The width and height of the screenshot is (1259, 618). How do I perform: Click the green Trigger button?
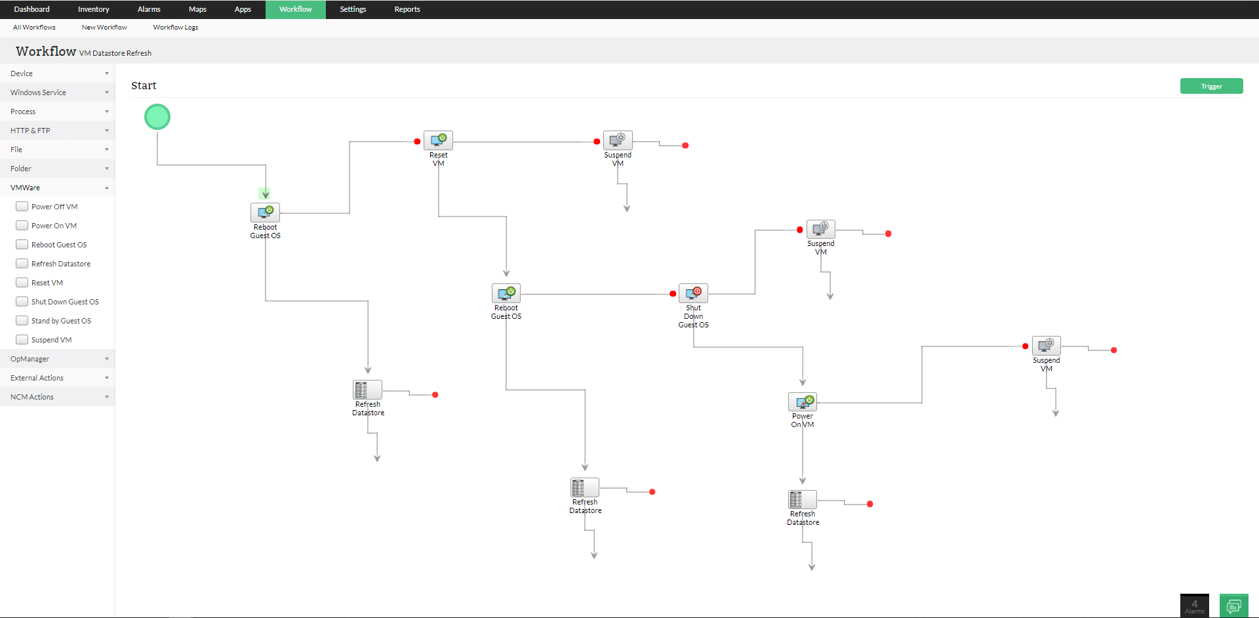(x=1211, y=86)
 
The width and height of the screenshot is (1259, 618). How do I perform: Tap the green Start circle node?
(x=157, y=117)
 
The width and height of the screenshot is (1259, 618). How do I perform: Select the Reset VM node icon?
(x=438, y=140)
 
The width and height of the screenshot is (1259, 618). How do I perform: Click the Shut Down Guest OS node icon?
(x=693, y=293)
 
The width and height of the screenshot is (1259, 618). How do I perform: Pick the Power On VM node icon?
(x=803, y=402)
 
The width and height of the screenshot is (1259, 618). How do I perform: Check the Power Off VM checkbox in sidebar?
(x=22, y=207)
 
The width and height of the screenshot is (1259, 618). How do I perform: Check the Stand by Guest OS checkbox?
(x=22, y=321)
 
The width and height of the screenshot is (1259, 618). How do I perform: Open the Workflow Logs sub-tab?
(x=175, y=28)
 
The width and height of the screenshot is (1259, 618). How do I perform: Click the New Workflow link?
(x=104, y=28)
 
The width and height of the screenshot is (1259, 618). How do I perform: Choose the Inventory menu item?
(x=94, y=9)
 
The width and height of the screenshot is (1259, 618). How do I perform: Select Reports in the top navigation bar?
(x=407, y=9)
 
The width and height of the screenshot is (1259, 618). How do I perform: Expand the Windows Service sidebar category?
(x=57, y=93)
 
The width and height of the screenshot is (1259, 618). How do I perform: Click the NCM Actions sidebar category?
(x=57, y=397)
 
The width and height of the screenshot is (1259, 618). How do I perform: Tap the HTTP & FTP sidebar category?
(x=57, y=131)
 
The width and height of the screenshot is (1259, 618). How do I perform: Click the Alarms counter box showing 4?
(x=1194, y=606)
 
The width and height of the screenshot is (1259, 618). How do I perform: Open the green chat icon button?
(x=1233, y=606)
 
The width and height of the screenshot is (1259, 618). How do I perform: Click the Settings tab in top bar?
(x=353, y=9)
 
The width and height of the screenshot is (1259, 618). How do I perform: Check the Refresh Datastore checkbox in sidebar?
(x=22, y=264)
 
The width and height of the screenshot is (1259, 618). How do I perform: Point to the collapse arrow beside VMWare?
(x=107, y=188)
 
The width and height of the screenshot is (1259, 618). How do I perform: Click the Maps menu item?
(x=197, y=9)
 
